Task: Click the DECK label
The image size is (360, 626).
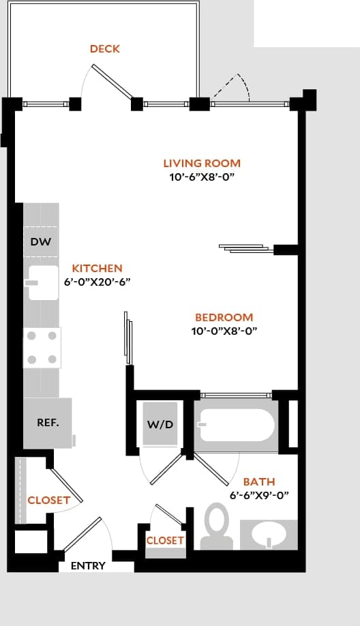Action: pyautogui.click(x=105, y=48)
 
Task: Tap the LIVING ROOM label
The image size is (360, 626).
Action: pyautogui.click(x=202, y=163)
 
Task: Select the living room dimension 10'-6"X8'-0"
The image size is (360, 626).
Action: pyautogui.click(x=202, y=177)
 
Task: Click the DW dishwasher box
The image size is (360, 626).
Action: pyautogui.click(x=41, y=241)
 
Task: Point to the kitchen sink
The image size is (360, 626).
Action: pyautogui.click(x=42, y=283)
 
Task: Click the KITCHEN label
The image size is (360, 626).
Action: pyautogui.click(x=97, y=269)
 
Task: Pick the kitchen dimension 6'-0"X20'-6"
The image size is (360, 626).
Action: pyautogui.click(x=97, y=282)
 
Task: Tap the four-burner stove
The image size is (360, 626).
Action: pyautogui.click(x=42, y=348)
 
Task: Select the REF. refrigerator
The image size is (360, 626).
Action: pyautogui.click(x=48, y=423)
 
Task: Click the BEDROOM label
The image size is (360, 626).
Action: pyautogui.click(x=224, y=317)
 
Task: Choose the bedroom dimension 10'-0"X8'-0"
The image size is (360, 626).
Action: pyautogui.click(x=224, y=331)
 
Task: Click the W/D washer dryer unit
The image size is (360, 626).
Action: pyautogui.click(x=160, y=424)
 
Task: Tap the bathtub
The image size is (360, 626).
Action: pyautogui.click(x=236, y=426)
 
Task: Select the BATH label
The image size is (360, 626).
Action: pyautogui.click(x=259, y=482)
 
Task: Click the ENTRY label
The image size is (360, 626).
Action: pyautogui.click(x=88, y=566)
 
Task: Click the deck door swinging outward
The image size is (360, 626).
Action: pyautogui.click(x=112, y=83)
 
